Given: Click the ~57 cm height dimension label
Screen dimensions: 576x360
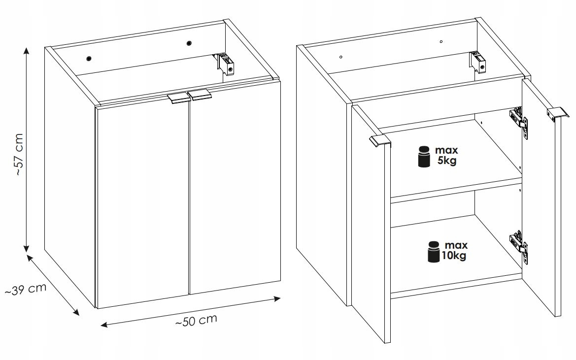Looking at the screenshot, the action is (20, 155).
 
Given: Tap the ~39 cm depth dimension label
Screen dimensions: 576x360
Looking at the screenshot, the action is (26, 289).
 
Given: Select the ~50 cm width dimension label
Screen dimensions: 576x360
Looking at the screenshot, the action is (196, 321).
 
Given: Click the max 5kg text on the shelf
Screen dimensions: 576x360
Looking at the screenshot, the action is (446, 155).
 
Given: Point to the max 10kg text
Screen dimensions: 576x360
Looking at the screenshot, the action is (454, 250).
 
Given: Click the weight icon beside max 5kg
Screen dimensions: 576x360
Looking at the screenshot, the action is (424, 157).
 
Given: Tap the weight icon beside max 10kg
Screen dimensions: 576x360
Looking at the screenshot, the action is (434, 252).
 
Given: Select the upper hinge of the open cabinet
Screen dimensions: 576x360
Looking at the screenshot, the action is (519, 122).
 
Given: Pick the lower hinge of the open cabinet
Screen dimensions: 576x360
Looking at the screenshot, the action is (519, 246).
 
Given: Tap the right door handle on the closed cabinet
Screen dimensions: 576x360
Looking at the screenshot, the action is (200, 95).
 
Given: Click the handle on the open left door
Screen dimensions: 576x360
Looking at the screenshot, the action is (380, 141).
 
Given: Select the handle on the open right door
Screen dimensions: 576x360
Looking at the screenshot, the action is (558, 113).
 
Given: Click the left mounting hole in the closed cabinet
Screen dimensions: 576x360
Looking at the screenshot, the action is (89, 58).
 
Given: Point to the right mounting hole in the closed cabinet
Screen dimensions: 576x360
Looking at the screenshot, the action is (189, 43).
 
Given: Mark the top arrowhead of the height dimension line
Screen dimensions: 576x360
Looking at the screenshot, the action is (26, 51).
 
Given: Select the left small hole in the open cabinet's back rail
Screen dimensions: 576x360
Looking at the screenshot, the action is (341, 57).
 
